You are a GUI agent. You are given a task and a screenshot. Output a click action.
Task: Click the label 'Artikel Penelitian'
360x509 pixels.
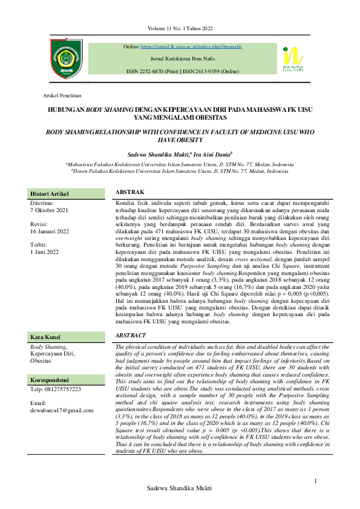[x=62, y=96]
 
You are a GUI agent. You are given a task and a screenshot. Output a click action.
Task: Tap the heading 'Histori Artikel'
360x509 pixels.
[x=50, y=193]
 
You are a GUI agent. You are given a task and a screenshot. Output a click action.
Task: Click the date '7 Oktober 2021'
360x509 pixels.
[x=50, y=210]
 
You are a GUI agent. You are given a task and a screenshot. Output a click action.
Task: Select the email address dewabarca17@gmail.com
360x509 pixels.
[x=62, y=410]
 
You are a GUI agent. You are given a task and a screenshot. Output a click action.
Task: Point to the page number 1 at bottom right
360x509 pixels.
[x=316, y=481]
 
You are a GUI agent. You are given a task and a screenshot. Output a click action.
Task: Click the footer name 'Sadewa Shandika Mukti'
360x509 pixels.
[x=180, y=504]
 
